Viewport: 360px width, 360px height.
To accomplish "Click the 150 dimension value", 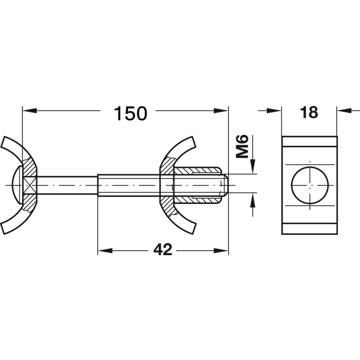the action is [x=130, y=113].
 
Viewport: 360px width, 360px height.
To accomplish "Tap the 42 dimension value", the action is [x=163, y=250].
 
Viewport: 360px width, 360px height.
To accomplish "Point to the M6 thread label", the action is [x=242, y=147].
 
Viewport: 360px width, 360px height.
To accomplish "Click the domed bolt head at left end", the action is [x=17, y=185].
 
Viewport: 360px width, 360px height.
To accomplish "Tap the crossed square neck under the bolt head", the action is [x=30, y=185].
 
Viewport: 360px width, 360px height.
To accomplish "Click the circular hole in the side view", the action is [x=310, y=185].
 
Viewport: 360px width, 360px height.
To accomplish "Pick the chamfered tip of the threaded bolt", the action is [x=225, y=185].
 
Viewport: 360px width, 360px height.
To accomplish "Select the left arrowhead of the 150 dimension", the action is [x=30, y=110].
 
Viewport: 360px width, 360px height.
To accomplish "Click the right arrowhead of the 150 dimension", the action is [x=221, y=110].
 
